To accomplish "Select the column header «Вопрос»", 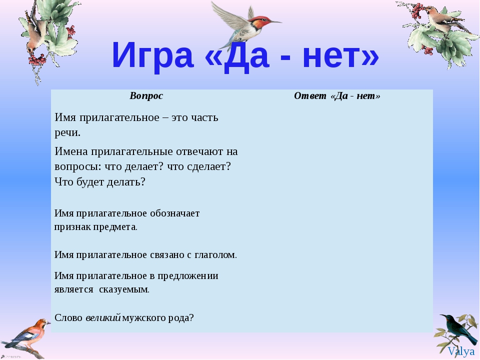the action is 146,96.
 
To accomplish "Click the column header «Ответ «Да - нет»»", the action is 337,96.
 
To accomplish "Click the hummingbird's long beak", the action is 275,21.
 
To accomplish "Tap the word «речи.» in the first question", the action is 67,133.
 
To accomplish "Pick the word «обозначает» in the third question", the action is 175,213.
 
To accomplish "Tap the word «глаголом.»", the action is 216,254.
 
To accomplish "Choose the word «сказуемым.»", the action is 124,289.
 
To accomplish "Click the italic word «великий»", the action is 103,317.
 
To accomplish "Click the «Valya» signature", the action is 461,351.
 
